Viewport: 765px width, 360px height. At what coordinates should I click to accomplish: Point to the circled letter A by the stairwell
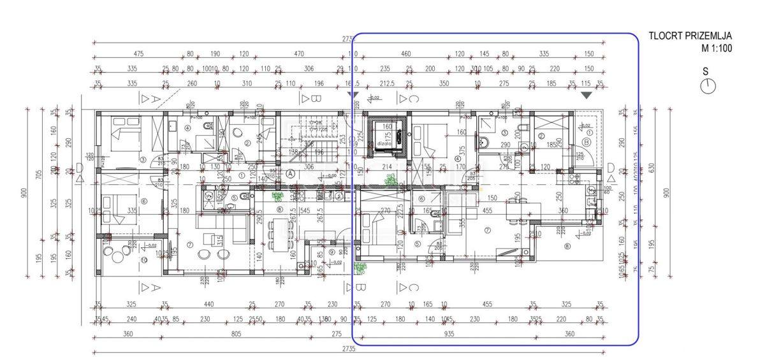(x=290, y=173)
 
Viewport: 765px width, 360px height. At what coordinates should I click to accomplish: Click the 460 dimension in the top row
(x=405, y=55)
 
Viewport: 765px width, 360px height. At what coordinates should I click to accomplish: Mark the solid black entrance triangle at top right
(x=586, y=95)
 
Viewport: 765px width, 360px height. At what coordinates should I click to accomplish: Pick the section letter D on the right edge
(x=611, y=168)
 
